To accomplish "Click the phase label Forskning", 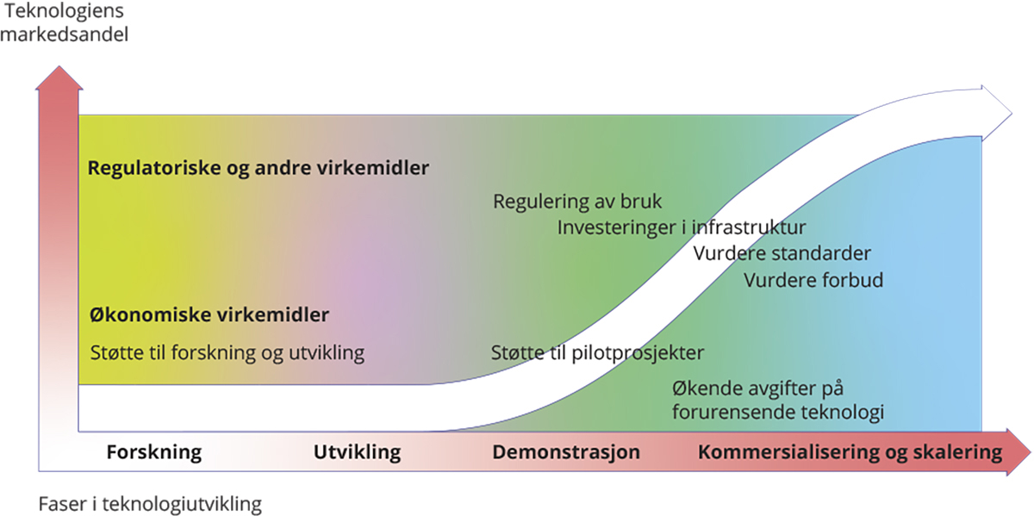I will coord(153,452).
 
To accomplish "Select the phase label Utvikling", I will coord(357,452).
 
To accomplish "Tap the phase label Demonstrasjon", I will coord(566,452).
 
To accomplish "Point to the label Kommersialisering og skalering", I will coord(850,452).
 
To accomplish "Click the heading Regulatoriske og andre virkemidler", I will coord(258,168).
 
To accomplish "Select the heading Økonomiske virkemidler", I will coord(209,315).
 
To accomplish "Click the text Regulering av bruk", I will coord(577,202).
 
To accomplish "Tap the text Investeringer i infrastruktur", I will coord(681,227).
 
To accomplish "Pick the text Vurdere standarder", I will coord(782,253).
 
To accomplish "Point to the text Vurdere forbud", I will coord(813,280).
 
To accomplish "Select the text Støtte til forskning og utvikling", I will coord(227,353).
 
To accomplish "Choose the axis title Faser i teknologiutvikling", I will coord(150,503).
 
